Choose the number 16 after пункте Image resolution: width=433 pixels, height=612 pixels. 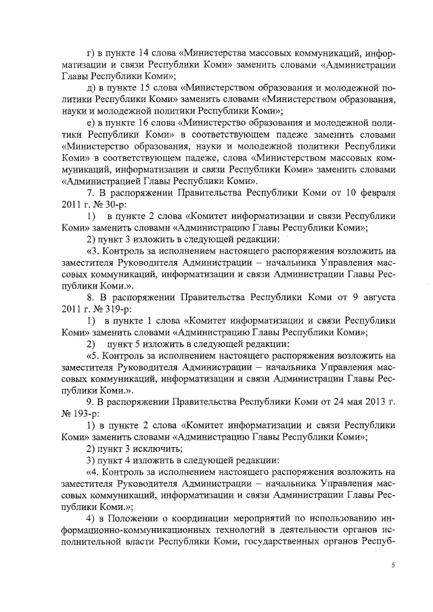(150, 122)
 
